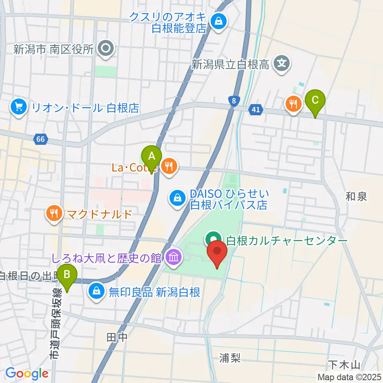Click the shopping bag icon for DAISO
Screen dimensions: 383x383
(176, 197)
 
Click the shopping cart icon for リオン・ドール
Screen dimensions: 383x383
(19, 107)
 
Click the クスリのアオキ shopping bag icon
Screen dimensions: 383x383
(219, 21)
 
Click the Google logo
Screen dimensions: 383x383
(27, 373)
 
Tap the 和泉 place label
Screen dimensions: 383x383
(356, 196)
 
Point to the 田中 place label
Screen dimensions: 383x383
(117, 338)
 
